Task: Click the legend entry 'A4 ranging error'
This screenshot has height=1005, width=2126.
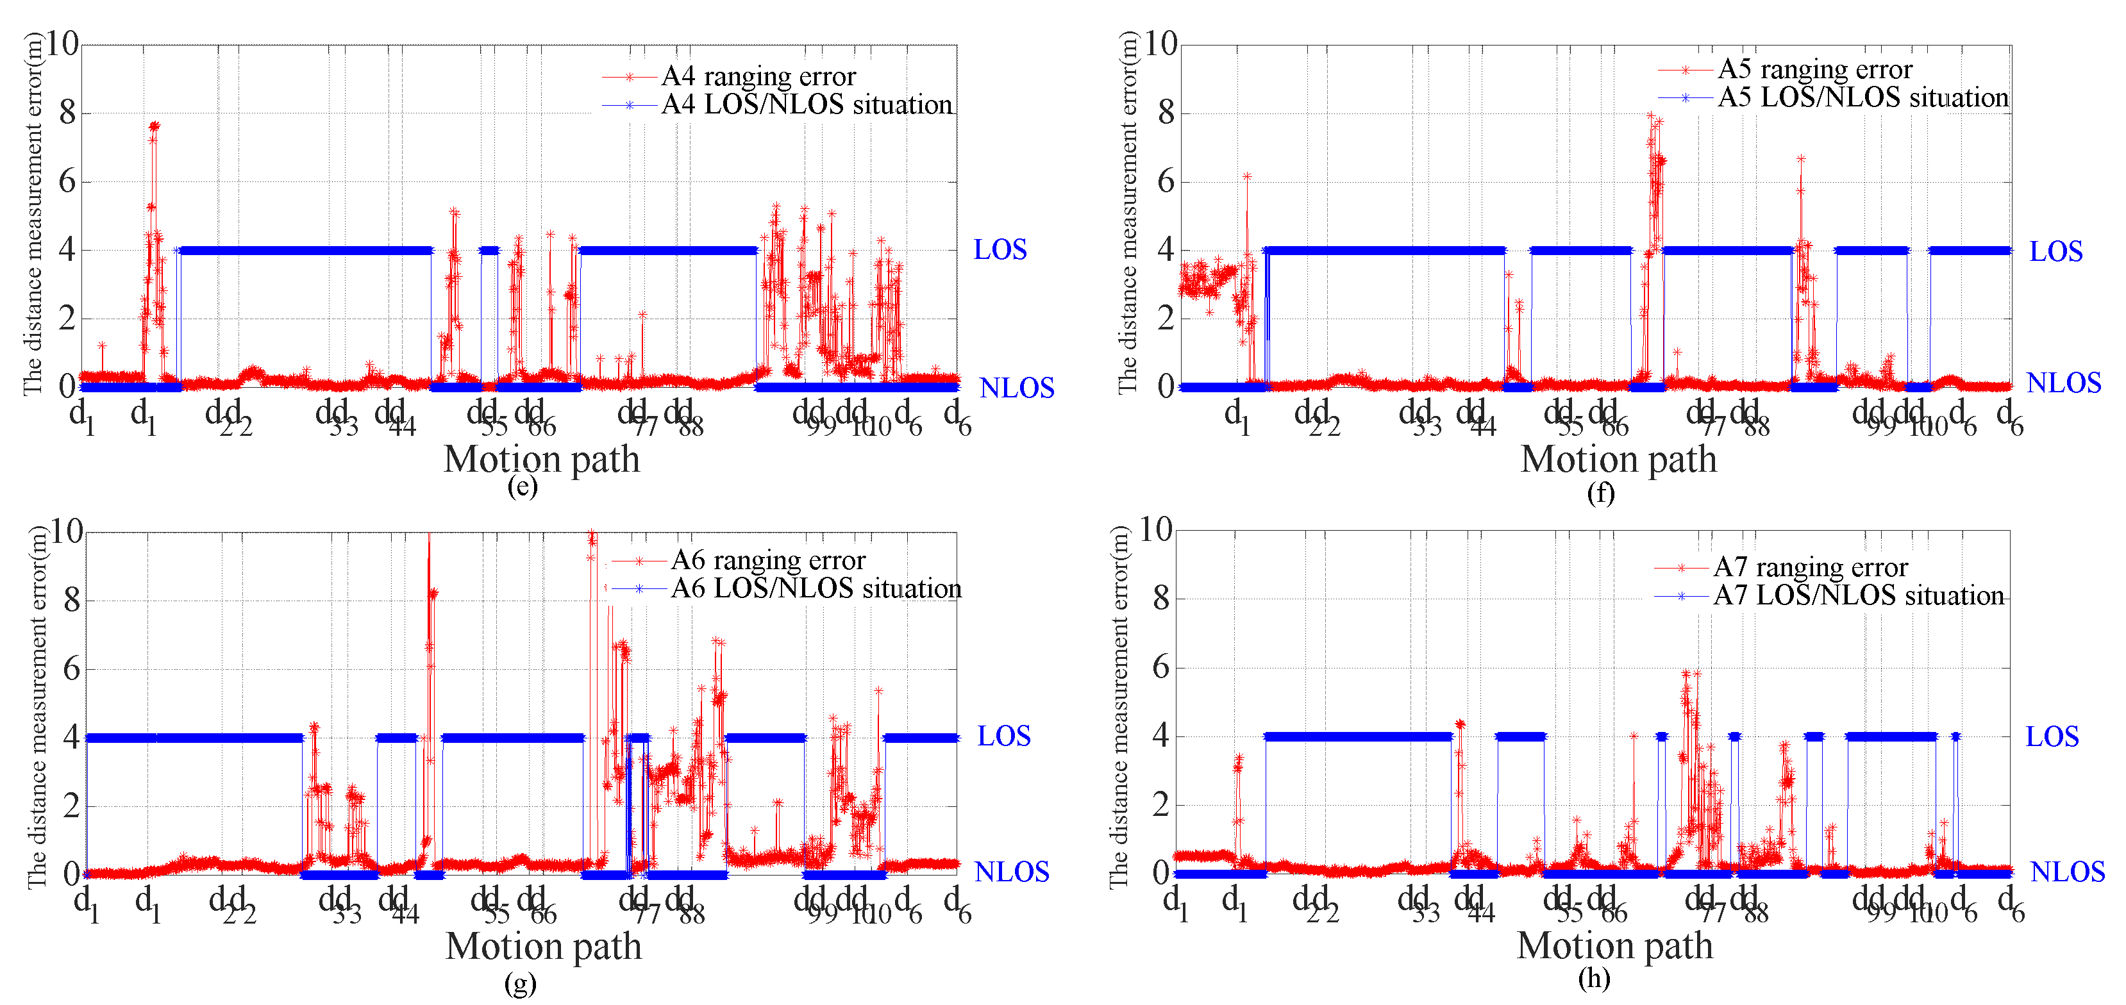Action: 758,76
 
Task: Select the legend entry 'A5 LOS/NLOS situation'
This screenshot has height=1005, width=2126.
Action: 1862,97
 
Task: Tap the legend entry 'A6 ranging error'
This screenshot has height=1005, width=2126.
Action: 767,560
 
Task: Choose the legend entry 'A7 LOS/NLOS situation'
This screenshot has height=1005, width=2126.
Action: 1858,595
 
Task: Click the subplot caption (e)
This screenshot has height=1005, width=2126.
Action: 522,486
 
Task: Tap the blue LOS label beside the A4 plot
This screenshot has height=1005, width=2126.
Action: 1000,249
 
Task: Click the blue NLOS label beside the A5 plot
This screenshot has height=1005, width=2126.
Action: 2063,383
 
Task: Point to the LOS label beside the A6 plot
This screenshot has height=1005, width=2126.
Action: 1003,736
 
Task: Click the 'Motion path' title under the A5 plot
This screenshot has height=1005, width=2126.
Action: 1618,459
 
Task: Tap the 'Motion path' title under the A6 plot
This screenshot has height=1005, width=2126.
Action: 543,945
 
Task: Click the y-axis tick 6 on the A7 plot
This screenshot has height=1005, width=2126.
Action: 1160,667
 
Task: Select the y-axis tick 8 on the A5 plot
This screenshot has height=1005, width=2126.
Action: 1166,112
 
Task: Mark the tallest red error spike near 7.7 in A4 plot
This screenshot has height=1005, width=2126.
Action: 153,126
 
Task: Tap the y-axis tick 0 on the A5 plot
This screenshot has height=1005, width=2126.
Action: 1166,386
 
